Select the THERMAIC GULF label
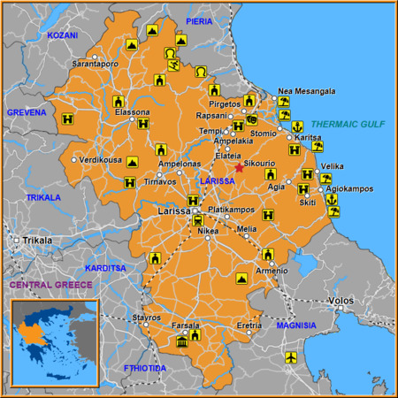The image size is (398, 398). (348, 125)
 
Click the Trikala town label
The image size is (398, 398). (38, 240)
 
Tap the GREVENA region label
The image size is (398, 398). (26, 112)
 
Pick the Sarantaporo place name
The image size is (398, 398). (95, 65)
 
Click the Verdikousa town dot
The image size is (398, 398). (74, 159)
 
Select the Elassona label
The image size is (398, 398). (133, 112)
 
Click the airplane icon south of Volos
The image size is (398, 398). (292, 357)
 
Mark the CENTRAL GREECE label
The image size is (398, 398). (50, 285)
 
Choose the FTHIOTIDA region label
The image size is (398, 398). (145, 367)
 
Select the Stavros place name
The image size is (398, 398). (146, 317)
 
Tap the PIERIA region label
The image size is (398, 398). (199, 20)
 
